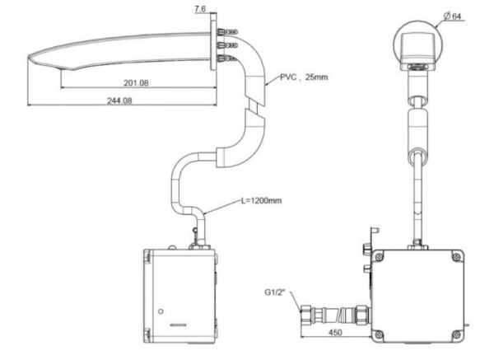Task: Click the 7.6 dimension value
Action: point(201,9)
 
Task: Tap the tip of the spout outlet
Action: point(30,58)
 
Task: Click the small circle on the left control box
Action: point(162,310)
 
